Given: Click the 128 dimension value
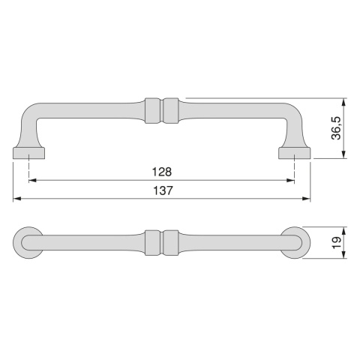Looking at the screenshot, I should [x=161, y=171].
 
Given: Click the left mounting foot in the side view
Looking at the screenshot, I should [x=29, y=153].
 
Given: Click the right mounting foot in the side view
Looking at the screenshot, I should [x=294, y=153].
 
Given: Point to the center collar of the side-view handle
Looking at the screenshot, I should [x=162, y=110].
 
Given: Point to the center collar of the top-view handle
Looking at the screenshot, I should [x=162, y=241].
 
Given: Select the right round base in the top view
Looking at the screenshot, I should [x=294, y=241].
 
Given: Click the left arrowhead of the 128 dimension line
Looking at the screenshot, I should [x=33, y=180].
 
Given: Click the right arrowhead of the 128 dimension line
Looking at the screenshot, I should [x=290, y=180].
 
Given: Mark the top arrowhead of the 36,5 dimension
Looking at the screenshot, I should [x=344, y=100].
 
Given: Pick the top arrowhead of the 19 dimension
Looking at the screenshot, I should [x=344, y=230].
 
